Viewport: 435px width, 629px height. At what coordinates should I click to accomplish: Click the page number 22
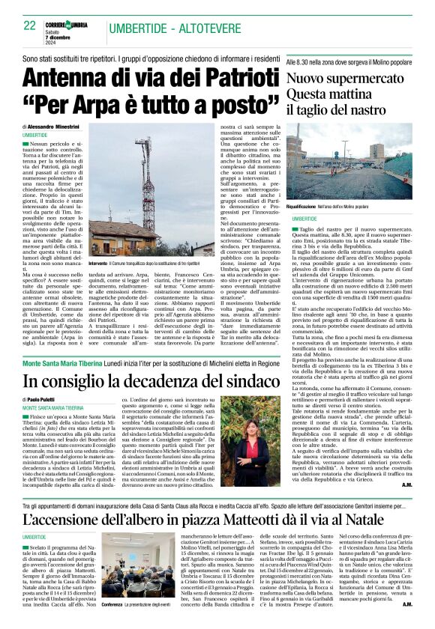(x=30, y=25)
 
